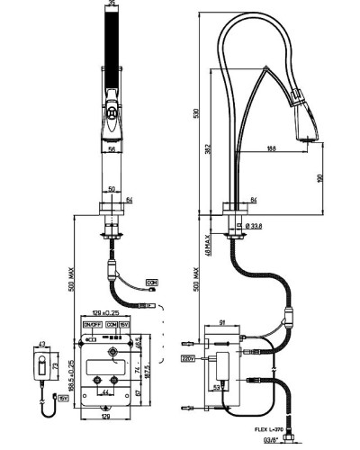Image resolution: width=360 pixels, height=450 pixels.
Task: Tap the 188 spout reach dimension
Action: [x=270, y=149]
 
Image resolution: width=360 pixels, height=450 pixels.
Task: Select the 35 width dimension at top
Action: [x=112, y=5]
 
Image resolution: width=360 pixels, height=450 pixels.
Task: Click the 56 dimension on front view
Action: [x=111, y=151]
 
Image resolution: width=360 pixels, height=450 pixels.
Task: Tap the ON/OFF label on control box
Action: [x=92, y=324]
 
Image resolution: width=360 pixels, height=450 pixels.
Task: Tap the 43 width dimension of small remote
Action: [x=40, y=344]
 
